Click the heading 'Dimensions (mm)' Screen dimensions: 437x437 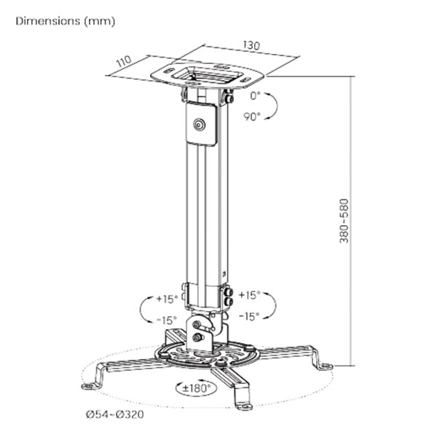(66, 21)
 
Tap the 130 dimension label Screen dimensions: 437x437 (251, 45)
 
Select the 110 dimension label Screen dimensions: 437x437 (124, 61)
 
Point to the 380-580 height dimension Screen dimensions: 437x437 (344, 221)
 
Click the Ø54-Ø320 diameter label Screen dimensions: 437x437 (115, 414)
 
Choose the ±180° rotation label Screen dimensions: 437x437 (197, 387)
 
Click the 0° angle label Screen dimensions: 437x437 (255, 96)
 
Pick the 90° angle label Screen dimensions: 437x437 (252, 117)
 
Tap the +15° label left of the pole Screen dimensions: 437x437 (167, 299)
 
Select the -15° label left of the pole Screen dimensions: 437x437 (167, 320)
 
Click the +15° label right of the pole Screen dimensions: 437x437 (249, 295)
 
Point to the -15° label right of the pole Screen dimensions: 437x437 (249, 316)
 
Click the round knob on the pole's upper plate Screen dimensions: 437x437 (199, 125)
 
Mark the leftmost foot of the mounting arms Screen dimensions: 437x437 (88, 386)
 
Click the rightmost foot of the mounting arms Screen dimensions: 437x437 (326, 366)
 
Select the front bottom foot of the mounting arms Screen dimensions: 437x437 (245, 407)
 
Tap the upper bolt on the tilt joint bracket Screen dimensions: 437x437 (197, 325)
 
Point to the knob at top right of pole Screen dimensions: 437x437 (229, 98)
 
